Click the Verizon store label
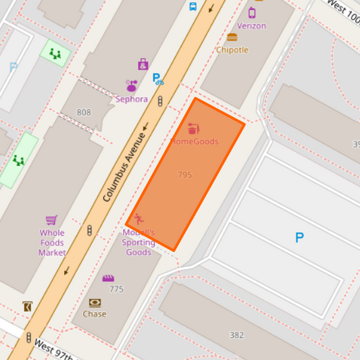(x=251, y=26)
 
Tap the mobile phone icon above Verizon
(x=252, y=12)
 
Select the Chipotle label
(x=232, y=50)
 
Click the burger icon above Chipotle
(x=232, y=37)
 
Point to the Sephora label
(x=132, y=99)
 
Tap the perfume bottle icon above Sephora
(x=132, y=86)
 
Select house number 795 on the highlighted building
(x=185, y=175)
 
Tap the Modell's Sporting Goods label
(x=138, y=242)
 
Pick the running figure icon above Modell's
(x=138, y=219)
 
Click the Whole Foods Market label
(x=52, y=243)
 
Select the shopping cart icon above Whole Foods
(x=51, y=220)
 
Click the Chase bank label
(x=95, y=314)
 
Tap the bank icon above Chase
(x=95, y=303)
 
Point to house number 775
(x=116, y=289)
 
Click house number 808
(x=84, y=113)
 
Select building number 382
(x=236, y=335)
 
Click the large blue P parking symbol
(x=299, y=238)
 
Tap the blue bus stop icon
(x=193, y=7)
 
